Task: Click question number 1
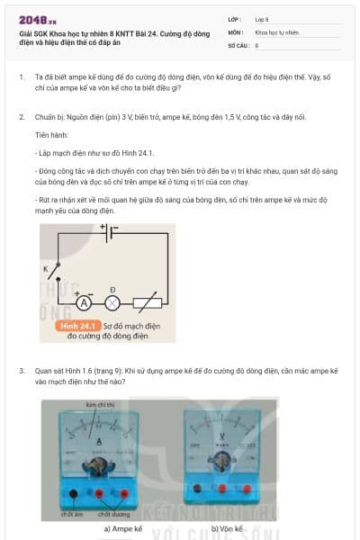(21, 77)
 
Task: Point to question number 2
(21, 117)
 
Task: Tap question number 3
(21, 370)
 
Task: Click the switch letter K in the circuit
(44, 268)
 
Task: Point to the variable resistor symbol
(146, 303)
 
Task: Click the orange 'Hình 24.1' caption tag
(76, 326)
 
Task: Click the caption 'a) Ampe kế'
(123, 529)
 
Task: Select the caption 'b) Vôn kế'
(227, 529)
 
